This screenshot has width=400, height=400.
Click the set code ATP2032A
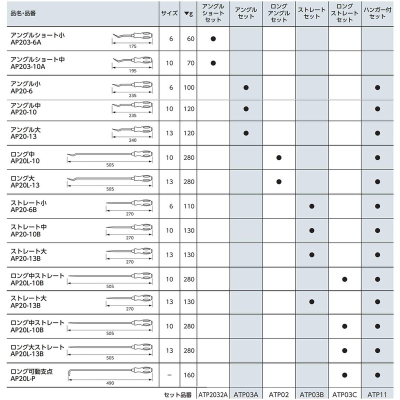click(x=213, y=394)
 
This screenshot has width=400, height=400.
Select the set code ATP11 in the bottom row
click(x=378, y=394)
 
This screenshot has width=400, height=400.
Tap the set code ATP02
click(x=279, y=394)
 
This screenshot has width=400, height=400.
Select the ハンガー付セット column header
click(x=378, y=14)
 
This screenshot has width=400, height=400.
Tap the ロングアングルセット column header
click(x=279, y=14)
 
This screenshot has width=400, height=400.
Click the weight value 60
click(x=190, y=38)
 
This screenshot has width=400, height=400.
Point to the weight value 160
click(x=190, y=374)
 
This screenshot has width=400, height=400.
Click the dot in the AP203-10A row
click(x=213, y=63)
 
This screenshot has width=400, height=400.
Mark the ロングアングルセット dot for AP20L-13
click(x=279, y=182)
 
